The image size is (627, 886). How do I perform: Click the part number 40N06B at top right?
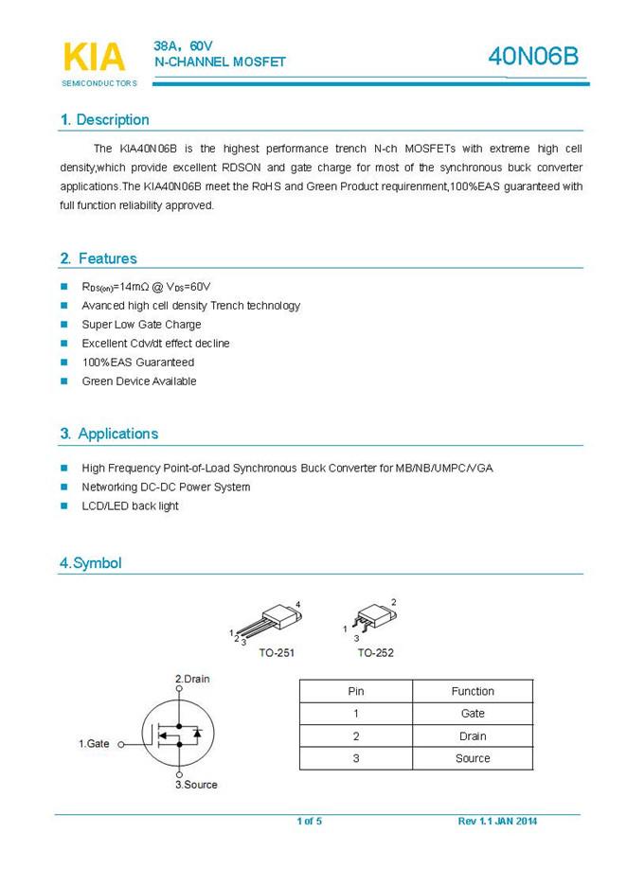pyautogui.click(x=532, y=58)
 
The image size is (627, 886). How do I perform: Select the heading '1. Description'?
pyautogui.click(x=104, y=120)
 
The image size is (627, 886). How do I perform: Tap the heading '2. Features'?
pyautogui.click(x=99, y=258)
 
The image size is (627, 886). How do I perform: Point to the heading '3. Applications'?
pyautogui.click(x=109, y=434)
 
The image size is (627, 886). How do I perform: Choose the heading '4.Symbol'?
pyautogui.click(x=91, y=563)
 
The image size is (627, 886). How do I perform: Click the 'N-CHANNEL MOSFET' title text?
pyautogui.click(x=220, y=62)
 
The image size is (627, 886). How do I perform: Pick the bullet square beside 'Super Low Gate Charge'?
pyautogui.click(x=64, y=325)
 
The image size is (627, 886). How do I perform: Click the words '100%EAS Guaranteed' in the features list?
pyautogui.click(x=137, y=363)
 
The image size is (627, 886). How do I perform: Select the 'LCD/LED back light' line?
pyautogui.click(x=130, y=506)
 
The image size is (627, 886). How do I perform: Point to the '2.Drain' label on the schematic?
pyautogui.click(x=192, y=680)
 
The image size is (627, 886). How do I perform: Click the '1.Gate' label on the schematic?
pyautogui.click(x=94, y=744)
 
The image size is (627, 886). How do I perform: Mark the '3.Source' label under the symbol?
pyautogui.click(x=196, y=785)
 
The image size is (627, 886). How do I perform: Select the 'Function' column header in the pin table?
pyautogui.click(x=473, y=691)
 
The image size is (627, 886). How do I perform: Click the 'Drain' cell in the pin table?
pyautogui.click(x=473, y=736)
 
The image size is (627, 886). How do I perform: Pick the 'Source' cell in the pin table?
pyautogui.click(x=473, y=758)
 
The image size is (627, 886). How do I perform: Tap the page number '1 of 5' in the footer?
pyautogui.click(x=310, y=821)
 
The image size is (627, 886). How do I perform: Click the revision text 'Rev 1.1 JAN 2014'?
pyautogui.click(x=497, y=821)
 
